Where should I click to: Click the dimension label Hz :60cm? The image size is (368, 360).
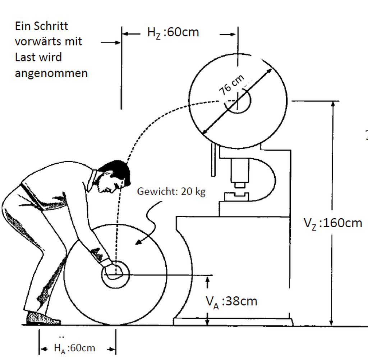(x=173, y=32)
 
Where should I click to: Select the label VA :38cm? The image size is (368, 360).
(x=231, y=301)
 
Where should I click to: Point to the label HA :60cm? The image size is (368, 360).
(x=74, y=348)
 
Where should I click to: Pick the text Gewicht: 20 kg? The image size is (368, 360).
(x=171, y=192)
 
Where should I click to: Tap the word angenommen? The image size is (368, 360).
(x=51, y=73)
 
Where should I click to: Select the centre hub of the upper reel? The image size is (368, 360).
(x=238, y=101)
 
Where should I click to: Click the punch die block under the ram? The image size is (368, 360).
(x=236, y=197)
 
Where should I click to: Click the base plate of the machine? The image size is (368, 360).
(x=233, y=322)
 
